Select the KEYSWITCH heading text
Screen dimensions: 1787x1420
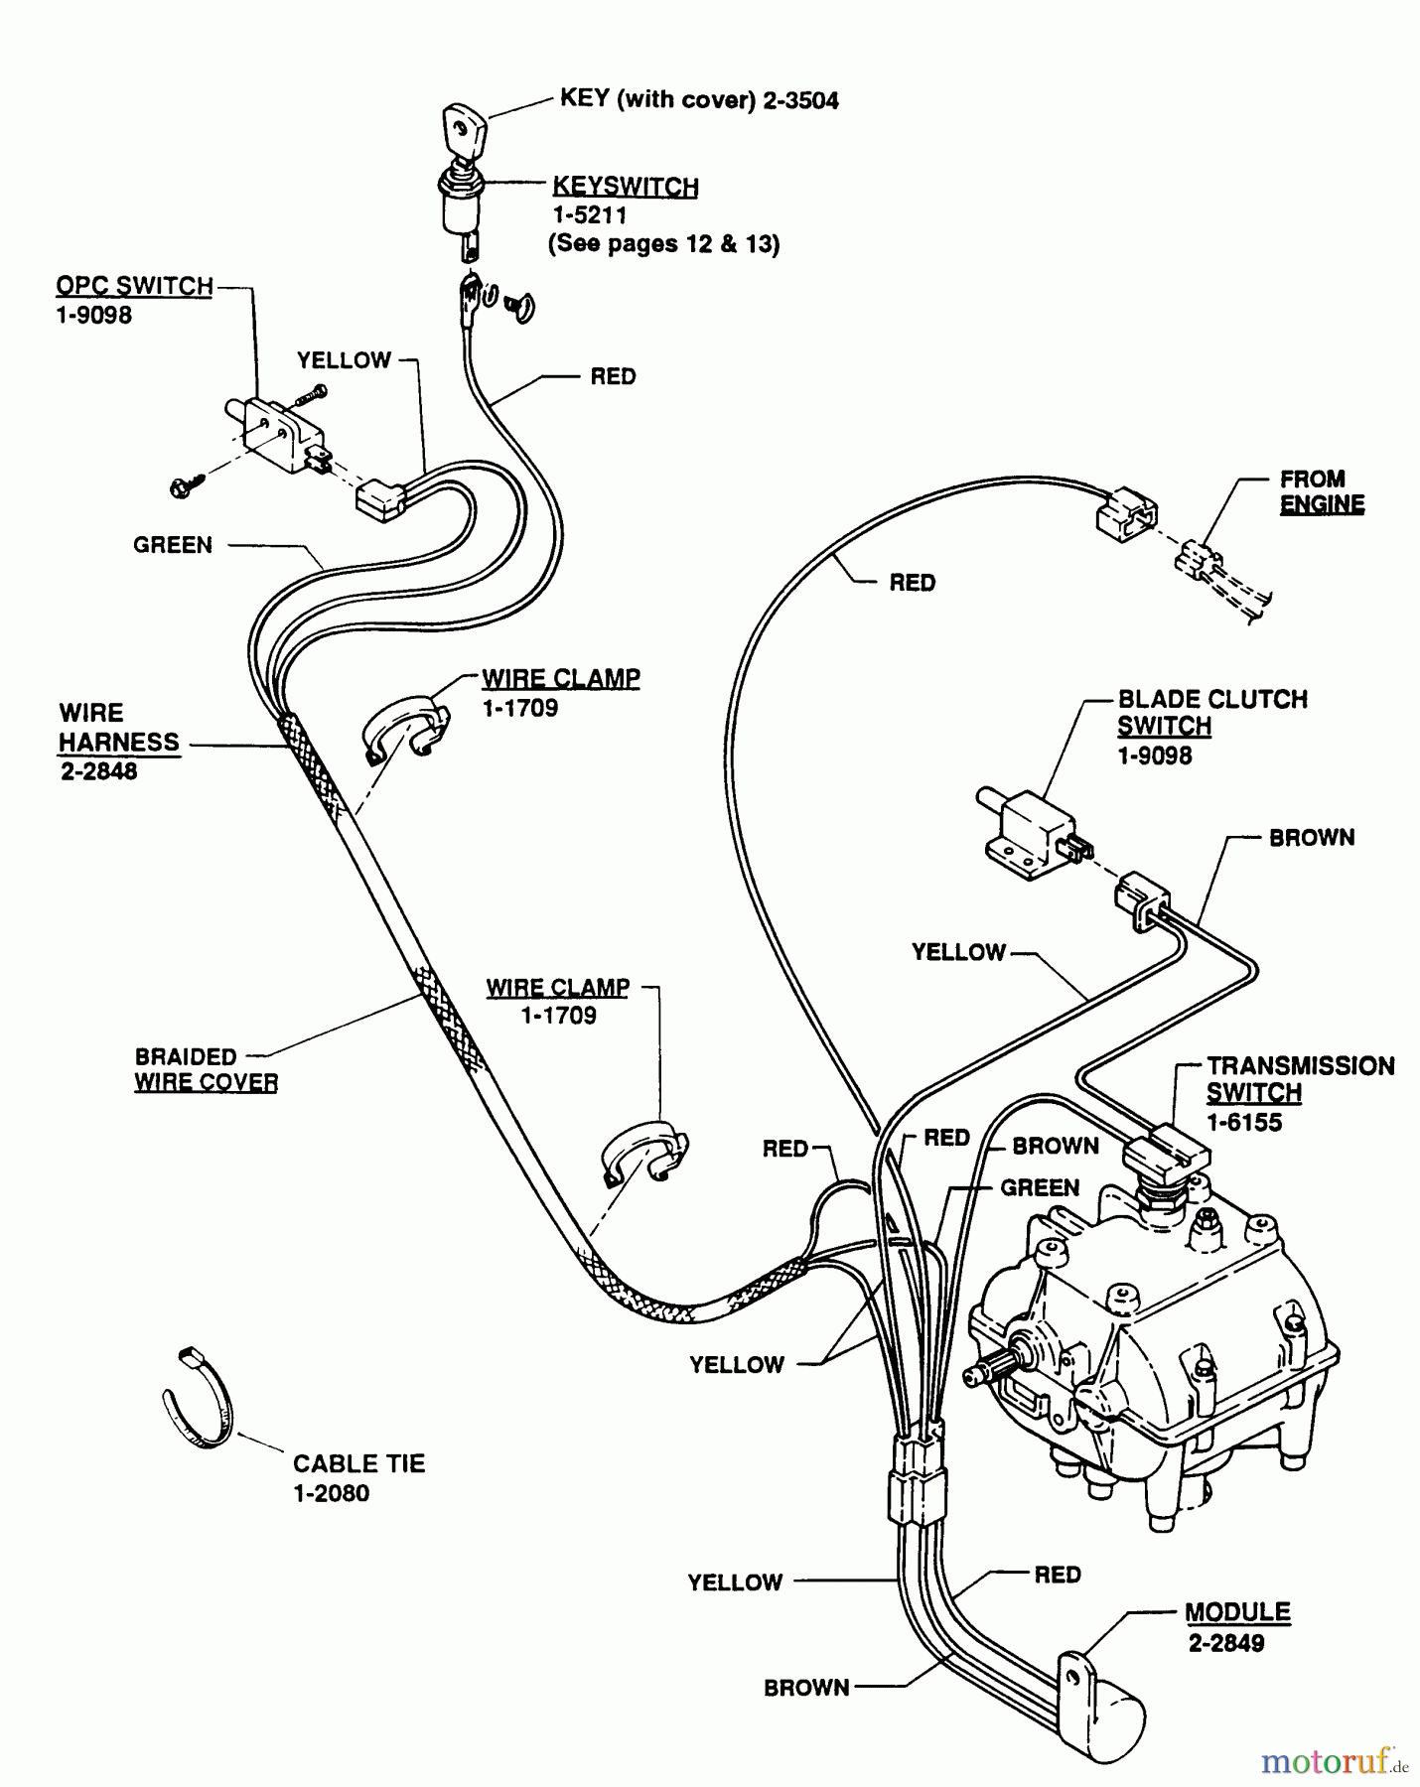pos(625,187)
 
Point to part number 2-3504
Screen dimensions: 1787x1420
pos(800,100)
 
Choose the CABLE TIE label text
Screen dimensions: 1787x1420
pos(358,1463)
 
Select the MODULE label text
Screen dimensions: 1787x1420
pos(1237,1612)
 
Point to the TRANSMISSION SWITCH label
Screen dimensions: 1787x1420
pos(1300,1079)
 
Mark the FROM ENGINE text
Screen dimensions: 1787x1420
pos(1321,491)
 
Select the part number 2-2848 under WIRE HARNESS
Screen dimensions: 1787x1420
pos(98,771)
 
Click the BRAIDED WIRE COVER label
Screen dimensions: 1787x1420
pos(206,1069)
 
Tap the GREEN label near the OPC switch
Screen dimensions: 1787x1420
pos(173,545)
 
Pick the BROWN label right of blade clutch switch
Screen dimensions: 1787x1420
pos(1311,838)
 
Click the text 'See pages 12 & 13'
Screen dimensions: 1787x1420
pos(663,244)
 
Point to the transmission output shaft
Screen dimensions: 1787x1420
pos(989,1374)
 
